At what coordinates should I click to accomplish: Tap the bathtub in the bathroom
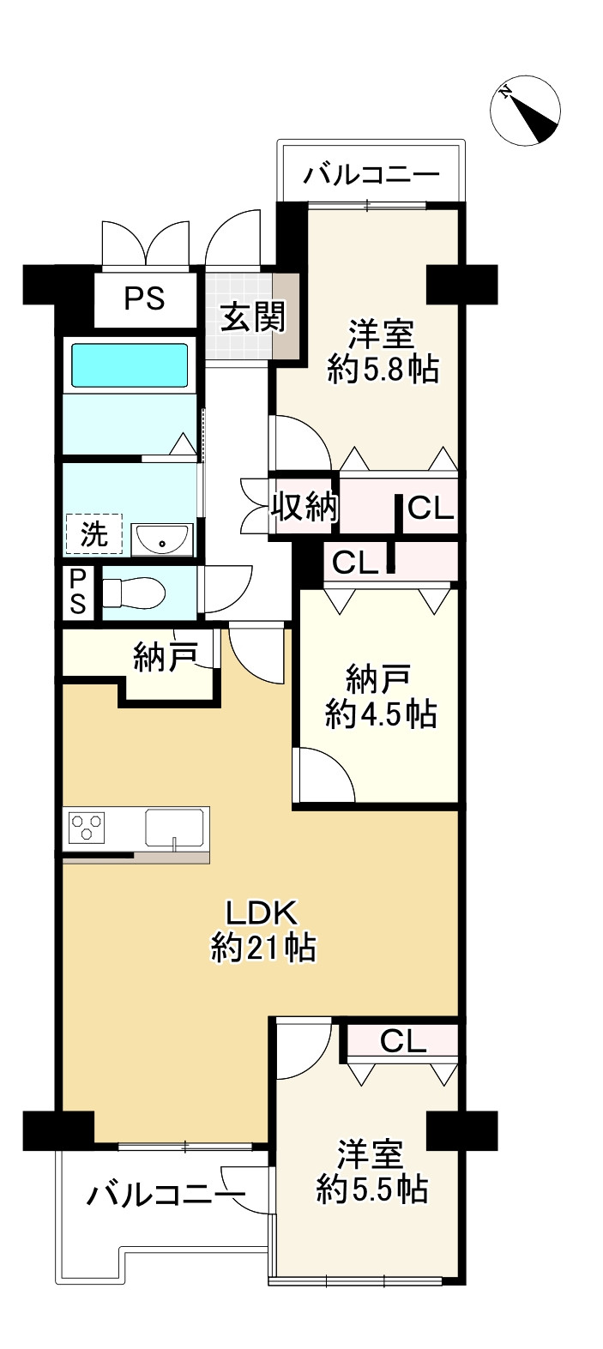point(129,365)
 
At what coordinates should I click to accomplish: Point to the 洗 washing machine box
point(93,534)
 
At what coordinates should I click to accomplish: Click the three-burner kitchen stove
point(87,828)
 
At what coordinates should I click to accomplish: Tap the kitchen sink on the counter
point(176,828)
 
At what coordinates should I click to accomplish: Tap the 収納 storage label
point(305,509)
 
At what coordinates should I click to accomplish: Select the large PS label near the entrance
point(145,299)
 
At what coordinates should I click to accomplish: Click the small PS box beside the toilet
point(78,592)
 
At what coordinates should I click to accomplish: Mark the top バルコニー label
point(372,176)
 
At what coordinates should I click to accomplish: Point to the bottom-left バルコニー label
point(164,1194)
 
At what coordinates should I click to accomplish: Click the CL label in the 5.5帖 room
point(403,1041)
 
